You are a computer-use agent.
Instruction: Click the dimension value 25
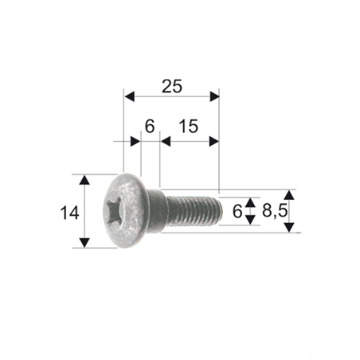(170, 87)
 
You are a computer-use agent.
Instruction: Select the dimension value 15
(189, 126)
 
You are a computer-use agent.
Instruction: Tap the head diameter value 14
(68, 212)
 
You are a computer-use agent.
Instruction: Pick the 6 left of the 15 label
(149, 126)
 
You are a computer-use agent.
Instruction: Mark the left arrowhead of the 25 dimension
(128, 96)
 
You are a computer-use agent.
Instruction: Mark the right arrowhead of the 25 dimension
(214, 96)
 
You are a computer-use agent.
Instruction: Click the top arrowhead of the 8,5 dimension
(289, 194)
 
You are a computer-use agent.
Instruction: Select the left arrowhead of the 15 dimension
(165, 141)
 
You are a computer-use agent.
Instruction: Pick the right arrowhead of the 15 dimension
(214, 141)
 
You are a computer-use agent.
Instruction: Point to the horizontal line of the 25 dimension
(171, 96)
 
